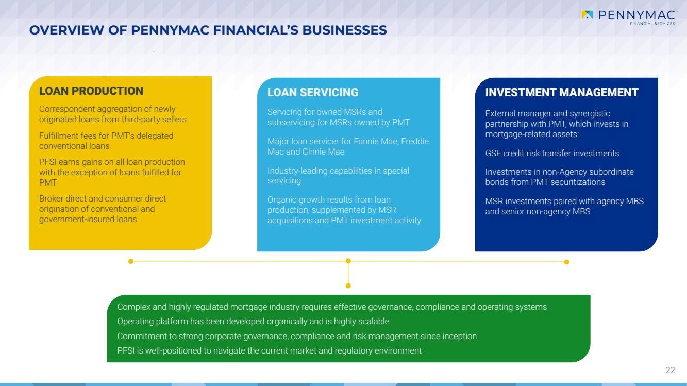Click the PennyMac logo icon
(x=587, y=14)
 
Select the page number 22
(x=670, y=370)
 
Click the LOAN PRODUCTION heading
(x=91, y=91)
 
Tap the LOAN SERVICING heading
(x=313, y=93)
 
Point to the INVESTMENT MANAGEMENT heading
(x=562, y=93)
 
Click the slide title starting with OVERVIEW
(x=208, y=30)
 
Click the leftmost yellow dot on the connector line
(x=131, y=261)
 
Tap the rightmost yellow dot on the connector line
(x=566, y=262)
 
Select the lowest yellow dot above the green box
(x=348, y=286)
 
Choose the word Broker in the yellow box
(x=51, y=198)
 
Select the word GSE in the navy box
(x=493, y=153)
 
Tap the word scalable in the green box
(x=373, y=322)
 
